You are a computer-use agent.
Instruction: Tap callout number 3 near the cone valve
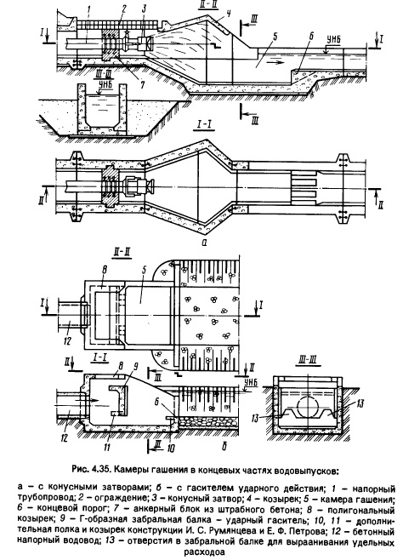point(144,9)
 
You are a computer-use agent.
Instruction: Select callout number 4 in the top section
point(229,14)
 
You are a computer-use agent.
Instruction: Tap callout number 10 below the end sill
point(171,449)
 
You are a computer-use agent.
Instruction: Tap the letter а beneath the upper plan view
point(204,243)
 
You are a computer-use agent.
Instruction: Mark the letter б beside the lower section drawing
point(224,445)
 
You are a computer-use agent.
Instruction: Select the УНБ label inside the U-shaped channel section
point(104,89)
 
